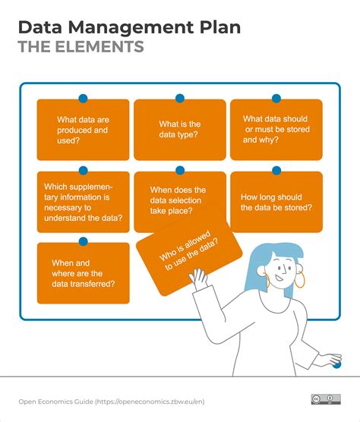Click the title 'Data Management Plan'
(x=129, y=27)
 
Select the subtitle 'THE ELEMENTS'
(x=81, y=47)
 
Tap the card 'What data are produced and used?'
(x=83, y=130)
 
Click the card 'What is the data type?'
(x=179, y=130)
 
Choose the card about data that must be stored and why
(x=276, y=130)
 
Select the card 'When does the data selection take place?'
(x=179, y=201)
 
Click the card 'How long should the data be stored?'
(x=276, y=201)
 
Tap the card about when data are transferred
(x=83, y=272)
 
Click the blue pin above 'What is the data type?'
(x=180, y=99)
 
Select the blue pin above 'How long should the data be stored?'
(x=276, y=171)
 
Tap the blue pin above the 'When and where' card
(x=83, y=241)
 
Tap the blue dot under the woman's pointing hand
(x=336, y=365)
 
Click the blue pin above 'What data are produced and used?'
(x=83, y=99)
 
